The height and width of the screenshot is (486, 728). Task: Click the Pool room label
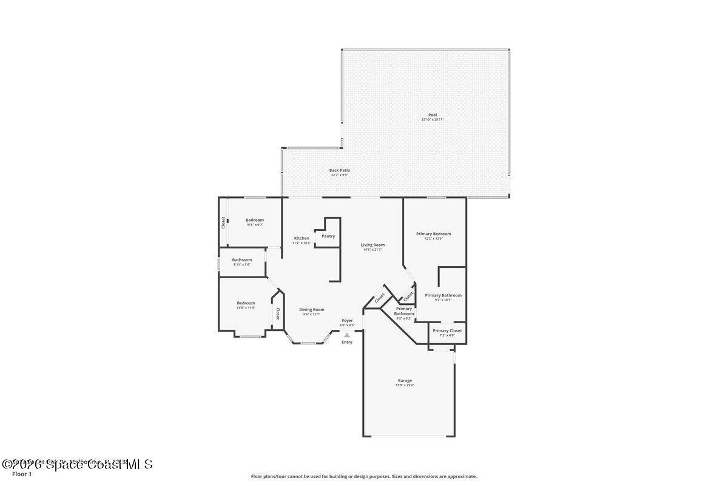click(432, 115)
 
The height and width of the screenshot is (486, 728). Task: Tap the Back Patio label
click(340, 170)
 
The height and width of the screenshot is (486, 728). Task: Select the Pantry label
click(328, 236)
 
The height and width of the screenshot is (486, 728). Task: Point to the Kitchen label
click(302, 238)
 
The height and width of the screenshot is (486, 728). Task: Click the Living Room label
click(372, 245)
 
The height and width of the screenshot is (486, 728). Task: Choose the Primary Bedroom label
click(433, 234)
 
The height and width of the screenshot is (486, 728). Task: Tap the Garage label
click(404, 381)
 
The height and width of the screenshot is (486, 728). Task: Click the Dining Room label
click(311, 309)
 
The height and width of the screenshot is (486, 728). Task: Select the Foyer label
click(347, 320)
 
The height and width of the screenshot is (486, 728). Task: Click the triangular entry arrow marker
click(347, 335)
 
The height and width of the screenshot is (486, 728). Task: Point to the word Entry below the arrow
click(347, 342)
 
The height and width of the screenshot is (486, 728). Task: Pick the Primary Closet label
click(447, 330)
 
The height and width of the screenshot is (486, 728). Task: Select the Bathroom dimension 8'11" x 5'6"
click(241, 264)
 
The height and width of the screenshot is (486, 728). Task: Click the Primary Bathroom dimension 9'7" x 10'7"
click(443, 300)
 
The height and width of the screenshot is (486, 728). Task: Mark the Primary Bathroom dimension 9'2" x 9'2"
click(404, 318)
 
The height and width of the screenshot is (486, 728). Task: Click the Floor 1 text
click(22, 474)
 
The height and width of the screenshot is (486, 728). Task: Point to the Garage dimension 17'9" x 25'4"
click(404, 385)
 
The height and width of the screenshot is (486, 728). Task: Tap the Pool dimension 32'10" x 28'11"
click(432, 120)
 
